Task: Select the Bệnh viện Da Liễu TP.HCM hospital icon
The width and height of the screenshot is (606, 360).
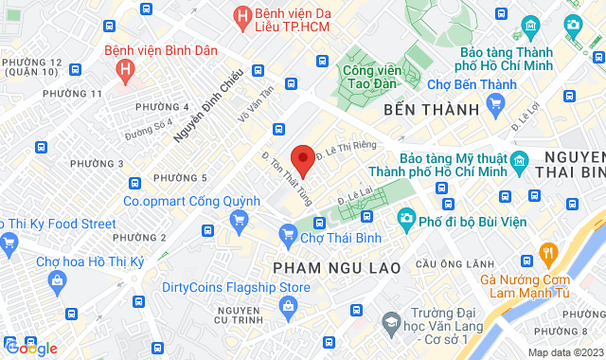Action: (243, 16)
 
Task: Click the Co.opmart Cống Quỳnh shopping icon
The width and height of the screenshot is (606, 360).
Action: (239, 221)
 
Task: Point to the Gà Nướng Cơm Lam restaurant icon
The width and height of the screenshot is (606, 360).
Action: (546, 253)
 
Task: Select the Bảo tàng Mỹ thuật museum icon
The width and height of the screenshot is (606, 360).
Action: (519, 163)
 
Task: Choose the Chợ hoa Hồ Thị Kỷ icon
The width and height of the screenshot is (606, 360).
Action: (58, 280)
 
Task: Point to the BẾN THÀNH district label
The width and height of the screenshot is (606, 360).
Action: (432, 111)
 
